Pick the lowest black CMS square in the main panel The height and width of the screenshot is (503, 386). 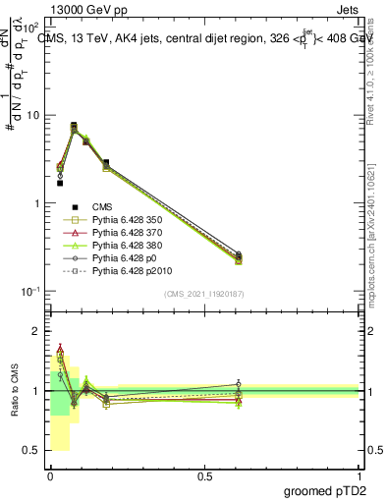point(60,183)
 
